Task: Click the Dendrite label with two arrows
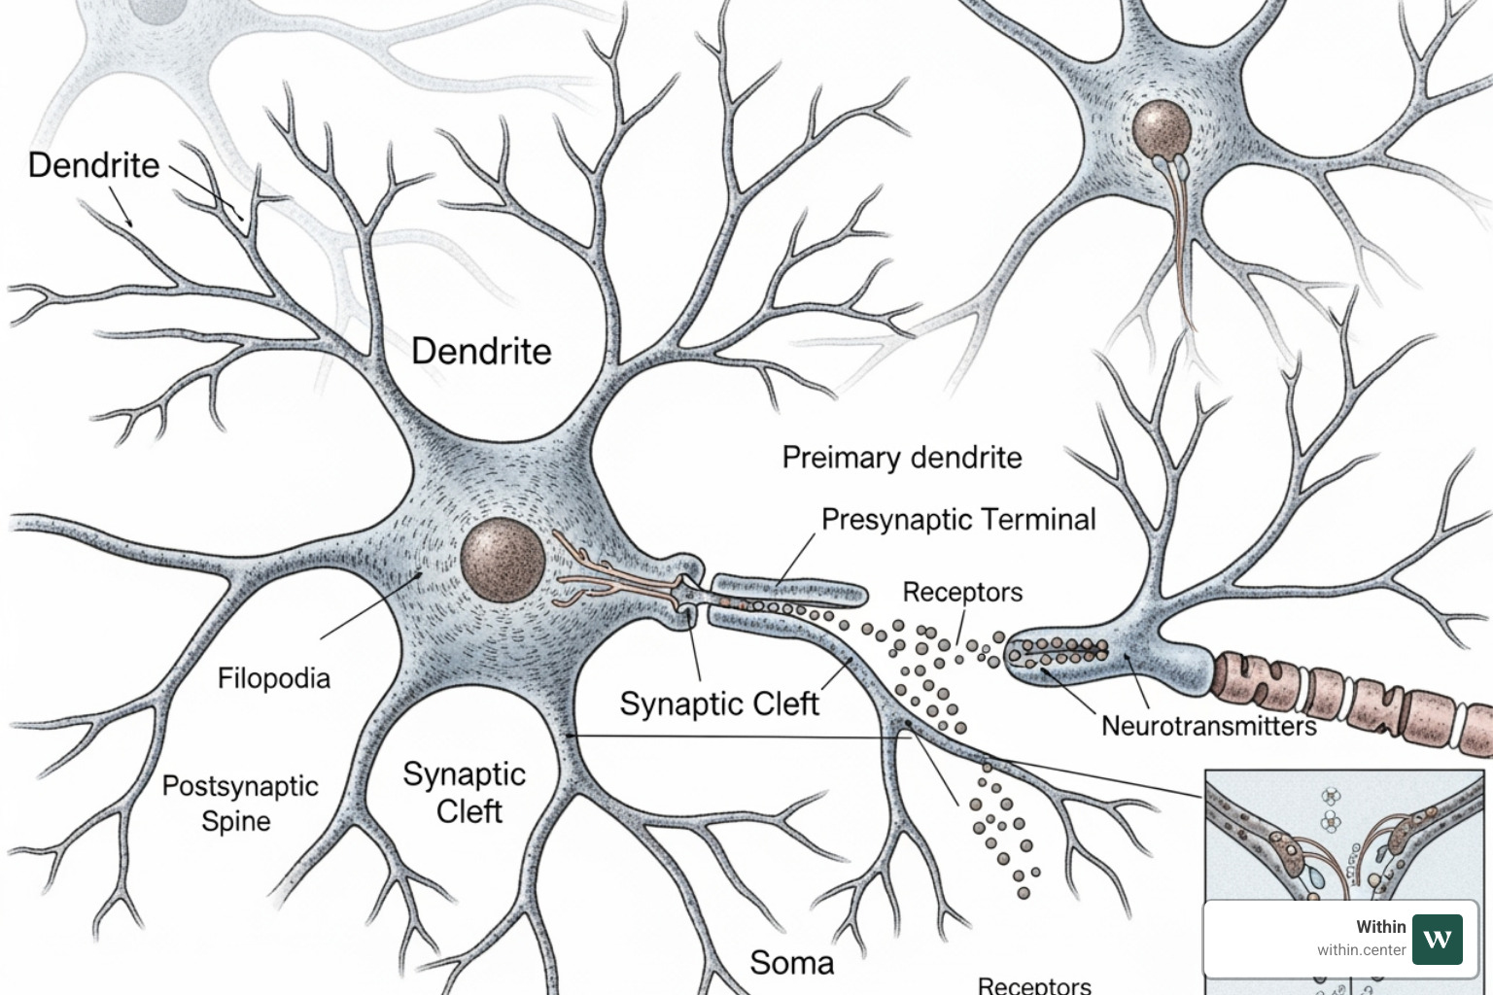tap(93, 165)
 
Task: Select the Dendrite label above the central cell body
tap(481, 351)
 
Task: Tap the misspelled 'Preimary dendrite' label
tap(901, 458)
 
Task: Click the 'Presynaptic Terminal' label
tap(957, 520)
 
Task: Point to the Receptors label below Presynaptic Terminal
tap(961, 592)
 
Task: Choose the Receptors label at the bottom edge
tap(1033, 984)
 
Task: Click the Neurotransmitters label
tap(1208, 726)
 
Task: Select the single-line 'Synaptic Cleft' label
tap(719, 703)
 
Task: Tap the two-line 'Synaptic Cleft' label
tap(466, 792)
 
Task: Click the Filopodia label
tap(273, 678)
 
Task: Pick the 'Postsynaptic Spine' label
tap(239, 803)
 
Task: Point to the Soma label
tap(791, 963)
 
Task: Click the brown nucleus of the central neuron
tap(503, 561)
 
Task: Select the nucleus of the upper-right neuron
tap(1161, 129)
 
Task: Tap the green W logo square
tap(1437, 939)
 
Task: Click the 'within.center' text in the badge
tap(1361, 950)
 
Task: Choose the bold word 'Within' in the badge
tap(1380, 927)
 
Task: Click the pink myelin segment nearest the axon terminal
tap(1241, 678)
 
